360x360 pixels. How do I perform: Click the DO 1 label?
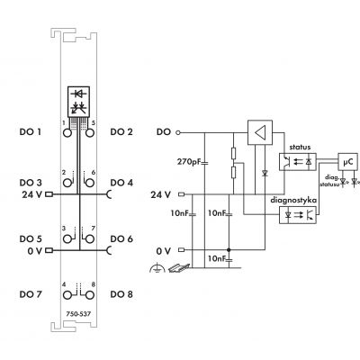pos(31,131)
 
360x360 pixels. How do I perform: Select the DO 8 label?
pos(121,294)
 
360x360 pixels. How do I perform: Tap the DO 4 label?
pos(121,183)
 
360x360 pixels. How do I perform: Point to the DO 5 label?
pos(31,238)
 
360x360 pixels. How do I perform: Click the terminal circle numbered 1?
pos(67,133)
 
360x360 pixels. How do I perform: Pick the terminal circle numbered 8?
pos(90,295)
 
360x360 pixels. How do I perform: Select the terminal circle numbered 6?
pos(90,183)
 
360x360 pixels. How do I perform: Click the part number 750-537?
pos(78,314)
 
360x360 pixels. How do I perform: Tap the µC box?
pos(347,162)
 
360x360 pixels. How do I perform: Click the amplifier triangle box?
pos(260,132)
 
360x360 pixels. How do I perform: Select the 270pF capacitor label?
pos(188,162)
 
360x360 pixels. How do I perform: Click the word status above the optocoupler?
pos(300,148)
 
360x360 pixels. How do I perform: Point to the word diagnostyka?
pos(293,200)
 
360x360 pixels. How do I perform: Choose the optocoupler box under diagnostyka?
pos(298,215)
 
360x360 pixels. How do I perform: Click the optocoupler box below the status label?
pos(298,162)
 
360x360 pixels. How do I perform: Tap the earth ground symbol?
pos(157,268)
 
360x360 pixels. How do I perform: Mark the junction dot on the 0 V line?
pos(229,249)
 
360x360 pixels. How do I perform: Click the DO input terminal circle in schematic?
pos(178,132)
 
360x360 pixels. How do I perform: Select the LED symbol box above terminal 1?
pos(78,102)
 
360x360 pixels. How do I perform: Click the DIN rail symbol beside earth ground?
pos(179,267)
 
